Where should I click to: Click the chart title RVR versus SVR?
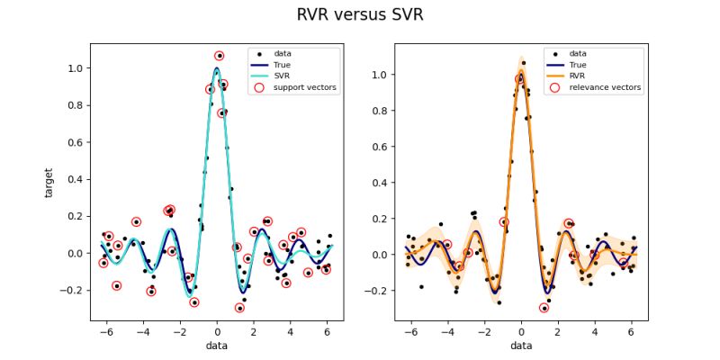[360, 15]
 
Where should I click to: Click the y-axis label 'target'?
[50, 181]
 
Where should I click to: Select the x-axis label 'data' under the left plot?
[216, 346]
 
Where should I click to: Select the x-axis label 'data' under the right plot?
[521, 346]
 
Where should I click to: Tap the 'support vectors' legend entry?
[294, 87]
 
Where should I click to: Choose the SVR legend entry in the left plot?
[281, 76]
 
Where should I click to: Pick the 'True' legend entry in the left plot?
[282, 65]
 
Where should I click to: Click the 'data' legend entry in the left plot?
[282, 53]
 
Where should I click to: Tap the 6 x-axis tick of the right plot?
[630, 331]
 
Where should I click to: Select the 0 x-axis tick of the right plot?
[521, 331]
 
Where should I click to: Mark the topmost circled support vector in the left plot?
[220, 56]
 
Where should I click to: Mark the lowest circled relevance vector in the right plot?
[544, 308]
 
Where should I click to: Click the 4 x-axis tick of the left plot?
[291, 331]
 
